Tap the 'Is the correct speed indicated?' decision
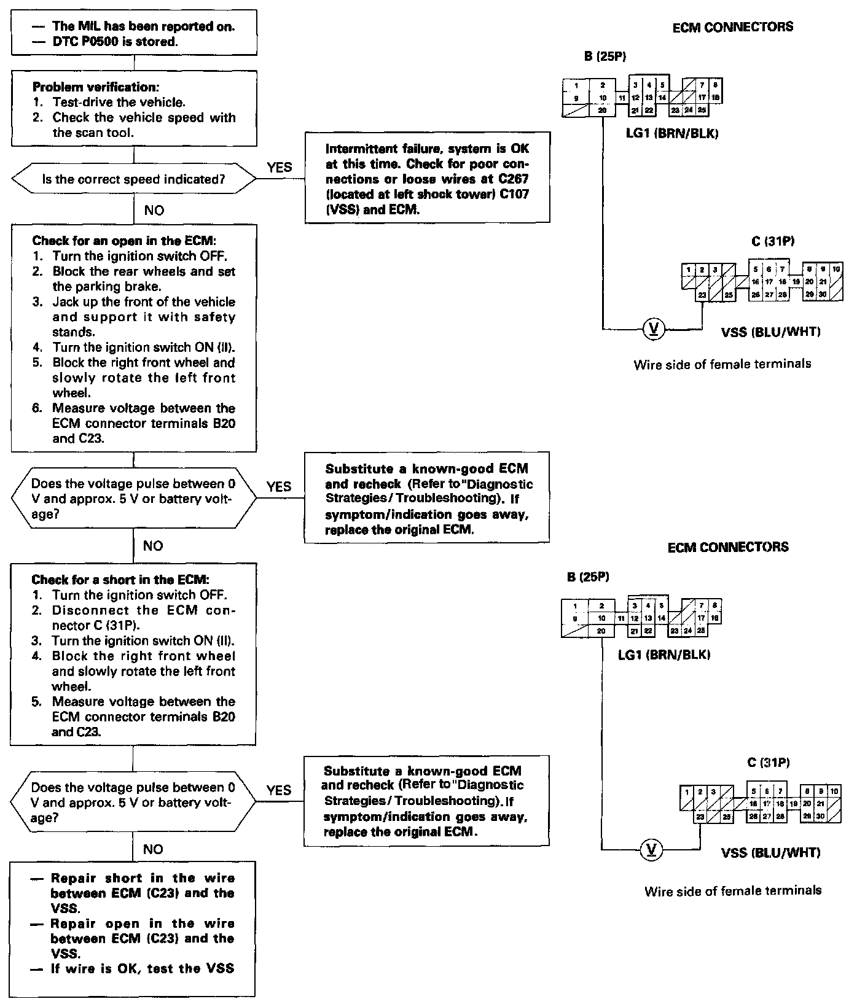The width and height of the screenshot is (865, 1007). (133, 179)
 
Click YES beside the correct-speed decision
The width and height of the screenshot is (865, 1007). (280, 167)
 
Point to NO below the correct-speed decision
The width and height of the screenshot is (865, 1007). (154, 211)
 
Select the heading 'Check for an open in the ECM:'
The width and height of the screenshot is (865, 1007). (123, 241)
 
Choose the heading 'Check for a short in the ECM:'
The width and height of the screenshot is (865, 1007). (120, 580)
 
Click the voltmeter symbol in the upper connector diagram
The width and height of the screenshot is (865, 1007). (652, 329)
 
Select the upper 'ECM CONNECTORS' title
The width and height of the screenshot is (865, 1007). (732, 27)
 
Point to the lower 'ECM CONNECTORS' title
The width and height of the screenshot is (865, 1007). (728, 547)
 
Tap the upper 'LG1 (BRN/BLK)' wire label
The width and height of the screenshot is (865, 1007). (671, 133)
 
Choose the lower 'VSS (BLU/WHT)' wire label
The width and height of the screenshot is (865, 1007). (770, 852)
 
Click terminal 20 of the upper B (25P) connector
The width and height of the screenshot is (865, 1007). (603, 111)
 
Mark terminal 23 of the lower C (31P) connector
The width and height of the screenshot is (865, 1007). (700, 817)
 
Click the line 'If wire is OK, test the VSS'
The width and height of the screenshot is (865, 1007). (142, 968)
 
